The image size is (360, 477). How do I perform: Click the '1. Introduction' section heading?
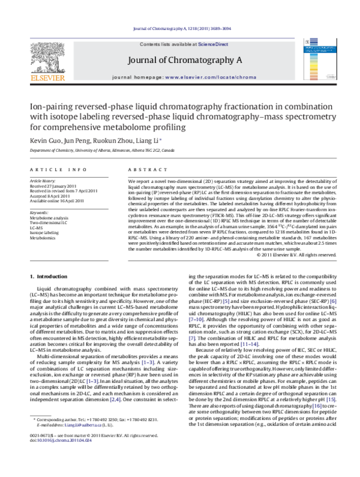click(x=49, y=276)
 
